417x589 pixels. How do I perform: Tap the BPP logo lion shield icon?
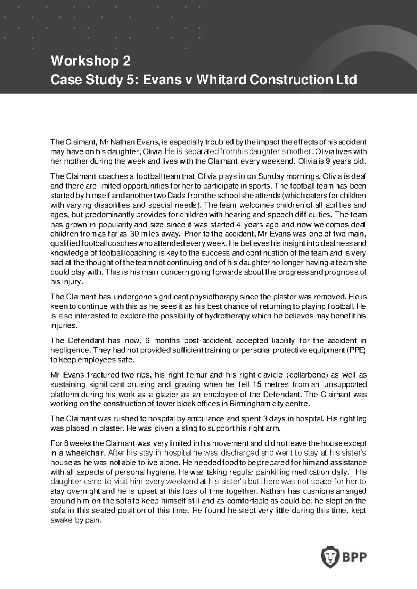328,557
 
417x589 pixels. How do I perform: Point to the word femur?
197,375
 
